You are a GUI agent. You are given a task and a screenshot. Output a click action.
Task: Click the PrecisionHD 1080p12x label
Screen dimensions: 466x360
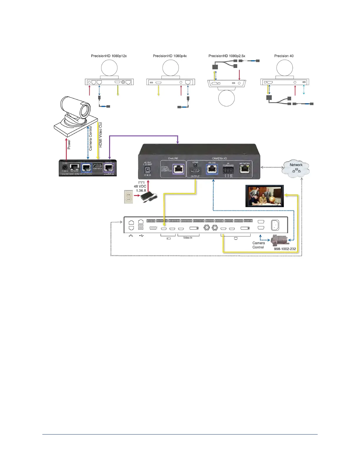(x=109, y=56)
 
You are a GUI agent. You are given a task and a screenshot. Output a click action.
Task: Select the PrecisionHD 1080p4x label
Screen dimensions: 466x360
(x=170, y=56)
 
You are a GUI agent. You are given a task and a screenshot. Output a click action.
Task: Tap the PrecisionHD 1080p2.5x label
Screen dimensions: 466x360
(x=227, y=56)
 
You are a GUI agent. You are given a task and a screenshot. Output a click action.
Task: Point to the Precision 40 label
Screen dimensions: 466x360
(x=284, y=56)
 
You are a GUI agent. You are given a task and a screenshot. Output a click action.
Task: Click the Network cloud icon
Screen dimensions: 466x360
(x=296, y=168)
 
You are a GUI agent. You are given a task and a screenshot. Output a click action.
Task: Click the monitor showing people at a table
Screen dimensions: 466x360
(x=264, y=196)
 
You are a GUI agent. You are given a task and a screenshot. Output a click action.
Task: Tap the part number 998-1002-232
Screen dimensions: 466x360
(x=285, y=249)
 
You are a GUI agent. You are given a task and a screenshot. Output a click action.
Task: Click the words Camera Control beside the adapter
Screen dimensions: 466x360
(x=259, y=245)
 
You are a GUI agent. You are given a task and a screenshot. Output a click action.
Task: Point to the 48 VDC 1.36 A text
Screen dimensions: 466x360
(x=140, y=188)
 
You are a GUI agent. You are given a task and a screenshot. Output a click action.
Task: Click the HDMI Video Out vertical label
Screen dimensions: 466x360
(x=101, y=135)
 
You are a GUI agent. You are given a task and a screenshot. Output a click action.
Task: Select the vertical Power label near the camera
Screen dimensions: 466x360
(x=69, y=144)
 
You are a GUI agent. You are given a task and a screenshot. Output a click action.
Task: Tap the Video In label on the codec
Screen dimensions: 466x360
(x=188, y=238)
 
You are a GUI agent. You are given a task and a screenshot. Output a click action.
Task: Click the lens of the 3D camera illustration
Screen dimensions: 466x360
(x=85, y=110)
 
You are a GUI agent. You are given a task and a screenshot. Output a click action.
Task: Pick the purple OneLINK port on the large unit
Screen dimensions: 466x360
(x=178, y=169)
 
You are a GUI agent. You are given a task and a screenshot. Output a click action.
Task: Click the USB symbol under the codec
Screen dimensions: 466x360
(x=141, y=236)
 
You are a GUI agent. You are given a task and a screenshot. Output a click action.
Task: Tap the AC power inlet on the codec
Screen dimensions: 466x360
(x=275, y=225)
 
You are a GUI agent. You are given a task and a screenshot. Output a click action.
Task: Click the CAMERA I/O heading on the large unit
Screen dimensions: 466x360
(x=219, y=158)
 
